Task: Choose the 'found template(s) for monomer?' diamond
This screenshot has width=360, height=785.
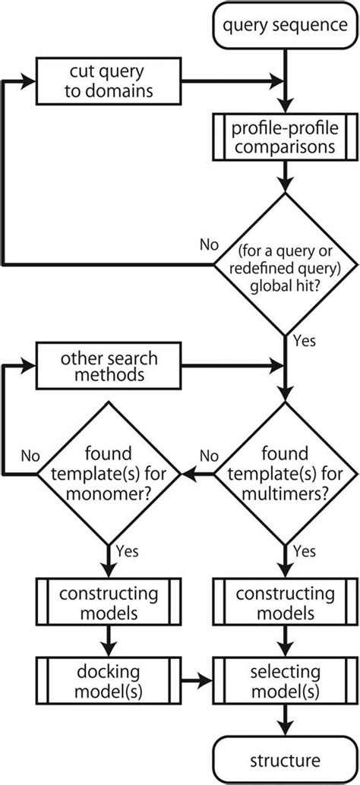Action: [110, 474]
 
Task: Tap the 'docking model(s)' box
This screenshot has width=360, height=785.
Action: [110, 678]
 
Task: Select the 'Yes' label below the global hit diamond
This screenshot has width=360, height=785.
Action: [304, 342]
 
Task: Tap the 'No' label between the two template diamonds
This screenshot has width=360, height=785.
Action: [208, 456]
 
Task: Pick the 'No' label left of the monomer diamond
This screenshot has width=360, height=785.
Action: [30, 456]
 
